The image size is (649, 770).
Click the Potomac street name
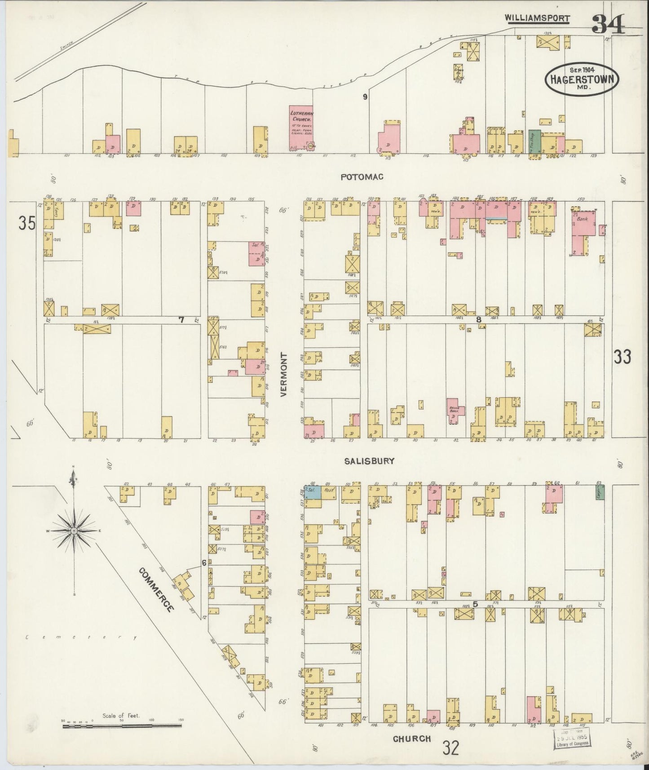[362, 177]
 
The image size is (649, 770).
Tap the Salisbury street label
[370, 461]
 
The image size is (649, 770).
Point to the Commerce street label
[156, 589]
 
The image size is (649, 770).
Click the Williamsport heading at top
[537, 18]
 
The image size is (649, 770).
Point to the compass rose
[73, 531]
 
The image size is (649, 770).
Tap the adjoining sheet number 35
[27, 223]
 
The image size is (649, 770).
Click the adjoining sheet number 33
[623, 357]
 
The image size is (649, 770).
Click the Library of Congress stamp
[573, 739]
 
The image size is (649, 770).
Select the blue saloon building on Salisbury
[313, 491]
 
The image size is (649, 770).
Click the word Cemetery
[81, 637]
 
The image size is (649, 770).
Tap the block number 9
[366, 97]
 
